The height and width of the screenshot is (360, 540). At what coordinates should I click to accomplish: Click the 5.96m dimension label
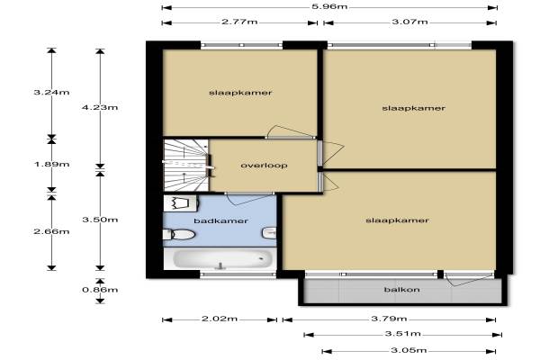tap(329, 6)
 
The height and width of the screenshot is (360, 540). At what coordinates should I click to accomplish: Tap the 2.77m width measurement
tap(239, 22)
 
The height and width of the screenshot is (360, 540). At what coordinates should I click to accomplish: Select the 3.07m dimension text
tap(409, 22)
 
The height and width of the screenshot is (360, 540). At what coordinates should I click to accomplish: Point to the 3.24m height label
tap(51, 93)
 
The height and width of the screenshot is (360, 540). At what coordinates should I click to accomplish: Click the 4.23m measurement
tap(100, 107)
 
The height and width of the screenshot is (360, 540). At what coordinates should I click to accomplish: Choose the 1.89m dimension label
tap(51, 164)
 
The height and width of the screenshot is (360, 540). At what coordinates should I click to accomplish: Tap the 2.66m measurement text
tap(51, 231)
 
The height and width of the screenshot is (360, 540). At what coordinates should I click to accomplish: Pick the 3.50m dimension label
tap(100, 220)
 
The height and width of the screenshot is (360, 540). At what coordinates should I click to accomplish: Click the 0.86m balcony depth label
tap(100, 290)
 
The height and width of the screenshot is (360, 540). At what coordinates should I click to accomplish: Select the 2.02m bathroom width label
tap(220, 319)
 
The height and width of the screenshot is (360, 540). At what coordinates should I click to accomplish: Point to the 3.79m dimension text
tap(389, 319)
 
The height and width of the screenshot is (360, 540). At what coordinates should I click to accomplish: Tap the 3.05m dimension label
tap(409, 351)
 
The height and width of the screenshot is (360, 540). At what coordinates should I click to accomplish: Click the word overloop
tap(264, 166)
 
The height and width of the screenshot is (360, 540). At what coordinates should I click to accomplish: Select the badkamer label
tap(220, 220)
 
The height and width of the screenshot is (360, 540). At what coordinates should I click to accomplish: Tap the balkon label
tap(402, 290)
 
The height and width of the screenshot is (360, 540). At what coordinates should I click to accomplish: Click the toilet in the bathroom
tap(179, 235)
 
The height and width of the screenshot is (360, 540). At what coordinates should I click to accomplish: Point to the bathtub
tap(220, 258)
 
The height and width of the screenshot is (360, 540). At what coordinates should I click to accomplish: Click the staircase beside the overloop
tap(186, 165)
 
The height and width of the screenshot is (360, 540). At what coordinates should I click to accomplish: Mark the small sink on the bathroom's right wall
tap(269, 233)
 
